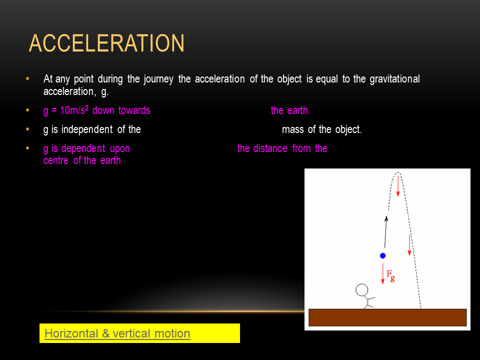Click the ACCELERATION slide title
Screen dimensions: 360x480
106,43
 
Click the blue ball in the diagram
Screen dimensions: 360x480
382,255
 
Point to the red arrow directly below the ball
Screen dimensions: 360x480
382,273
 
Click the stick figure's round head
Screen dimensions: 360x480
361,290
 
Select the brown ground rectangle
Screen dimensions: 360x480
387,317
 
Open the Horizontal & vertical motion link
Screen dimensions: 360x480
117,333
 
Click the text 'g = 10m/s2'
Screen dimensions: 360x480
66,110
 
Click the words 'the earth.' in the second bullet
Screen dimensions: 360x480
290,110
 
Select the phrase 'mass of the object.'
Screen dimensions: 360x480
321,129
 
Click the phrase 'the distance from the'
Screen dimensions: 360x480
282,148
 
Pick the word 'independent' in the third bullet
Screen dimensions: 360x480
87,129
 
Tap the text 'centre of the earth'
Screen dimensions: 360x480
82,160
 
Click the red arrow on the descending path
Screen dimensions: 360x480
409,244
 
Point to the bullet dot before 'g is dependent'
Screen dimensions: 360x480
27,148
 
